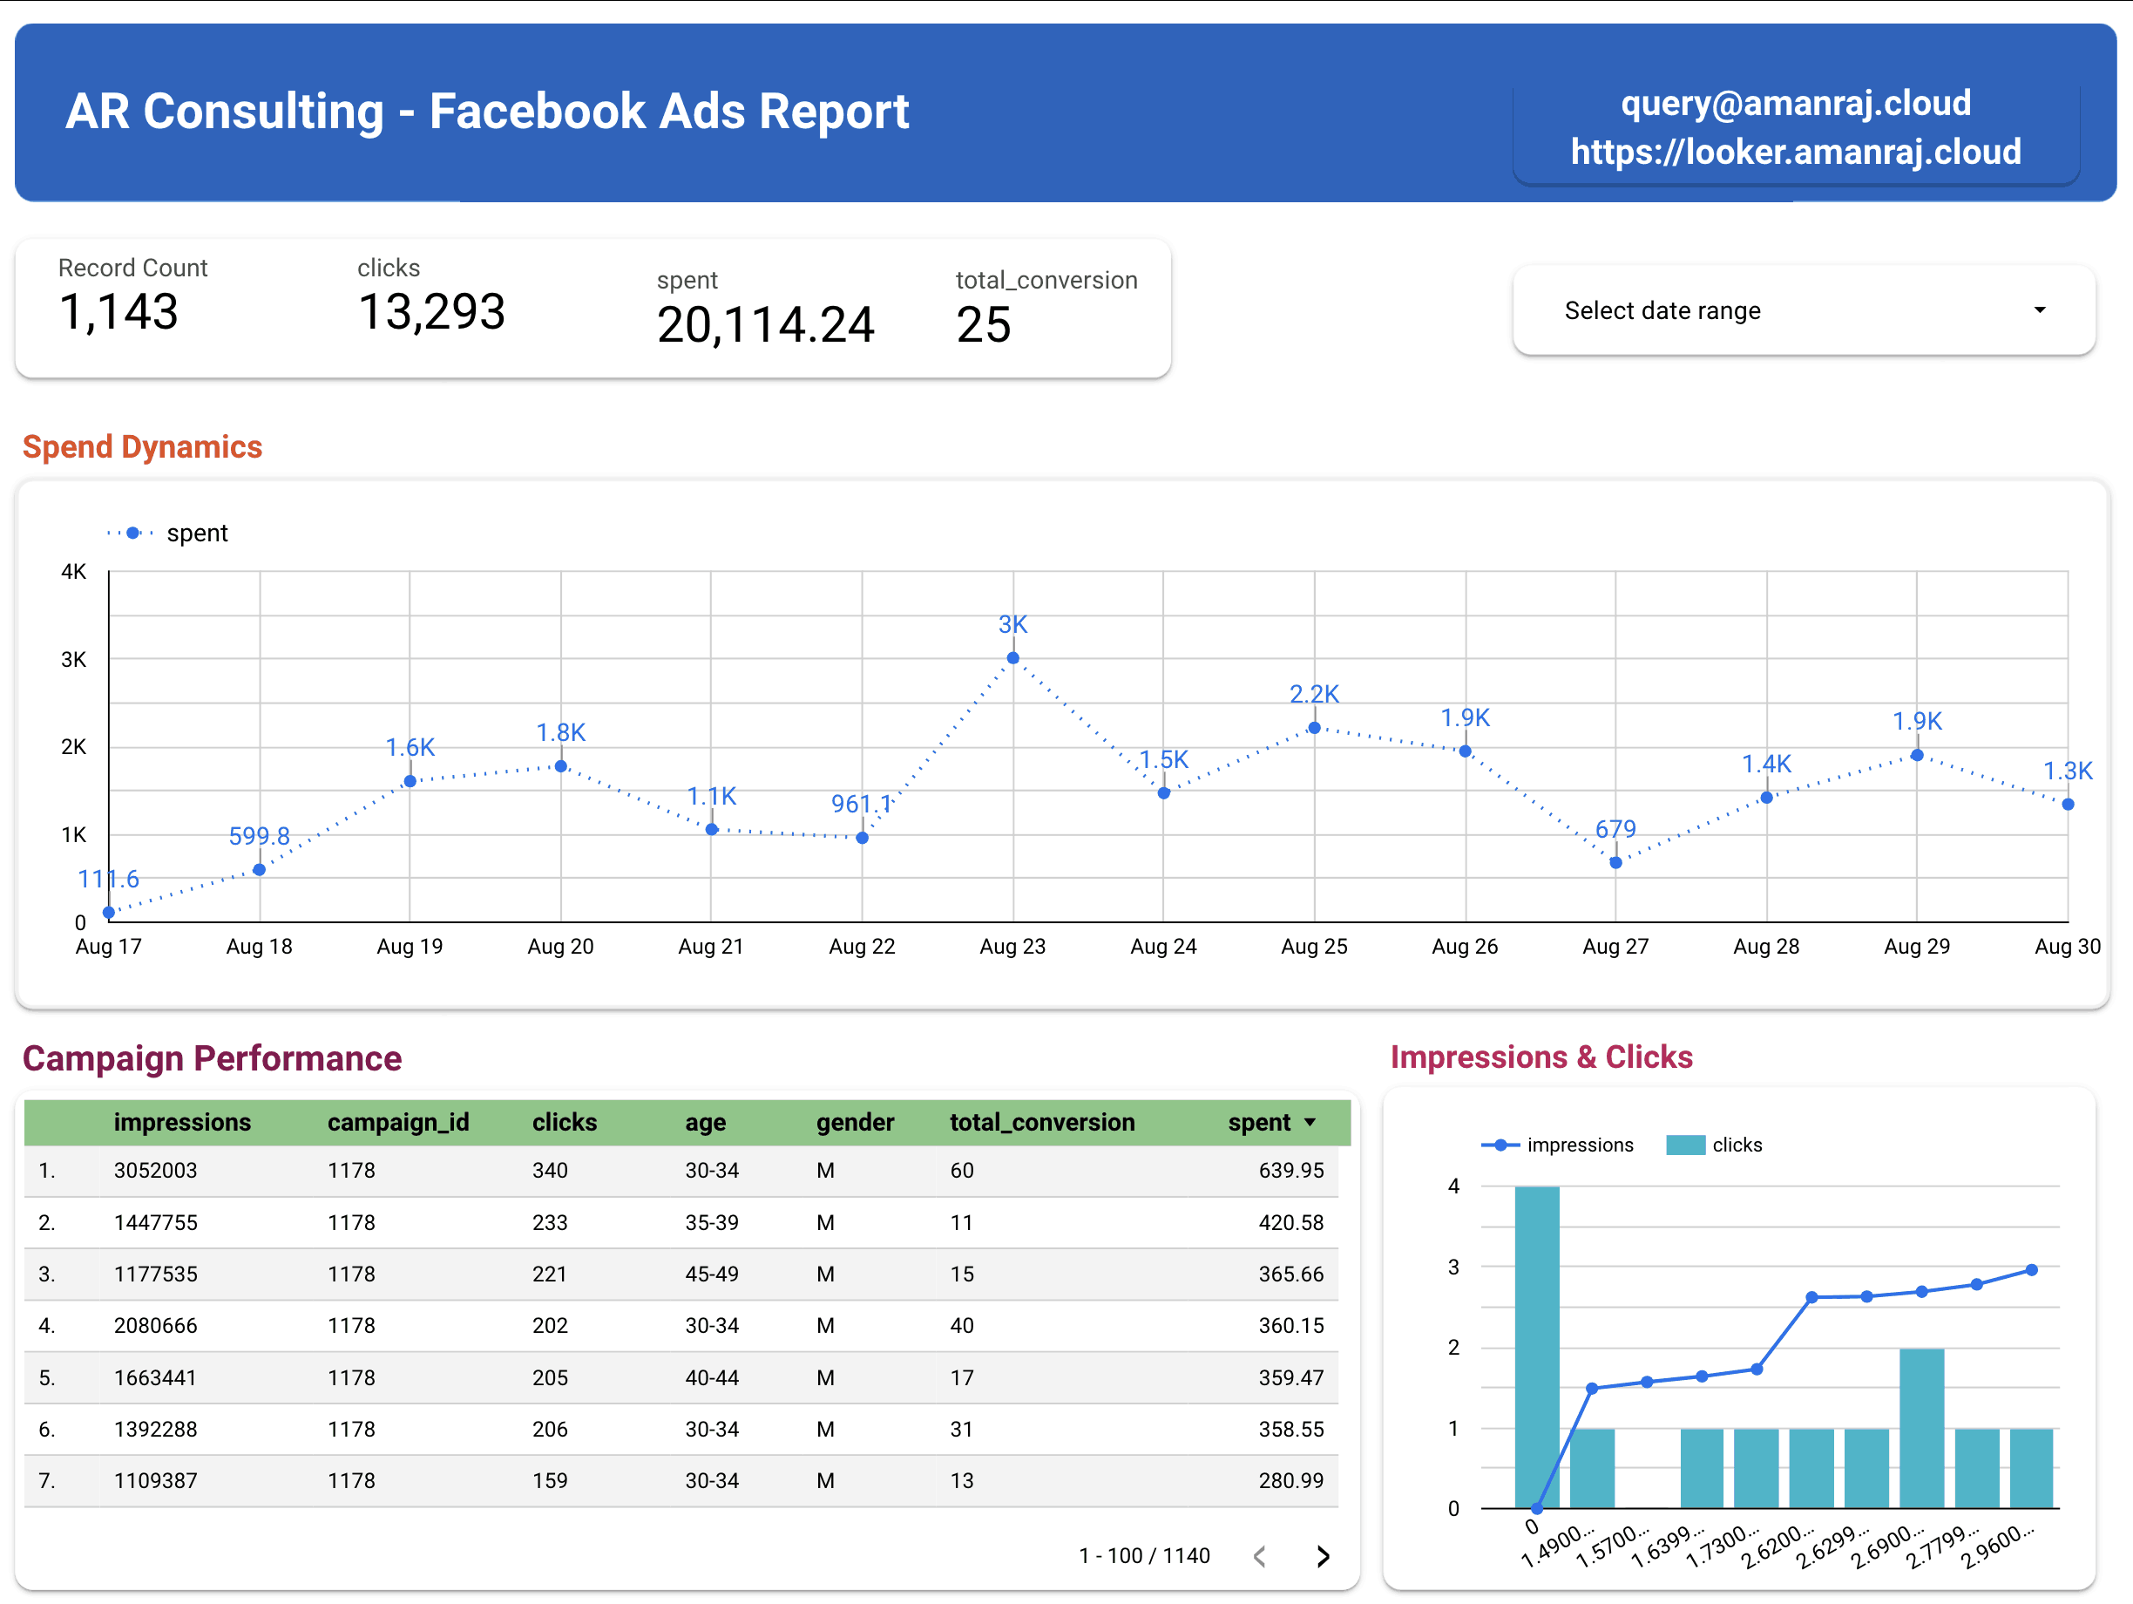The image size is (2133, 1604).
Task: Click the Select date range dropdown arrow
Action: click(x=2039, y=310)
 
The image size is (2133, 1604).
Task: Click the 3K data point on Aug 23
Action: click(x=1012, y=659)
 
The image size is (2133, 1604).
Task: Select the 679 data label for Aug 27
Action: click(x=1615, y=828)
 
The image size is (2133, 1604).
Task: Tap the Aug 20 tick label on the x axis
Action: click(x=560, y=946)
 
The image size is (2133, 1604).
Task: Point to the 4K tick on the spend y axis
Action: click(x=73, y=572)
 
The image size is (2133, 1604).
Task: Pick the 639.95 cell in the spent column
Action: click(x=1290, y=1170)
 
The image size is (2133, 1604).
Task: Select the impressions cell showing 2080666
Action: click(x=155, y=1325)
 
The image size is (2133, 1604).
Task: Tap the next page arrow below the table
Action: click(x=1323, y=1556)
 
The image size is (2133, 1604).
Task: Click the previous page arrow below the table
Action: click(x=1259, y=1556)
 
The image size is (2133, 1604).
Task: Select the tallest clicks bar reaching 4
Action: click(x=1536, y=1345)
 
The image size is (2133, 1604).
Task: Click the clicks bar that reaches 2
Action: click(x=1921, y=1428)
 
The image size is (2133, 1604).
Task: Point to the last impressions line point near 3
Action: click(x=2031, y=1270)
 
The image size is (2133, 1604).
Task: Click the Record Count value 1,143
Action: click(x=118, y=311)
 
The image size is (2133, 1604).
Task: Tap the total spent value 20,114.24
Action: click(x=765, y=324)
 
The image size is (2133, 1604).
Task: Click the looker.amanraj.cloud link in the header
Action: click(x=1795, y=152)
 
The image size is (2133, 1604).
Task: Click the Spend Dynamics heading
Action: click(x=143, y=446)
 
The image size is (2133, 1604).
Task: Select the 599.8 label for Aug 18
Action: click(x=259, y=835)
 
